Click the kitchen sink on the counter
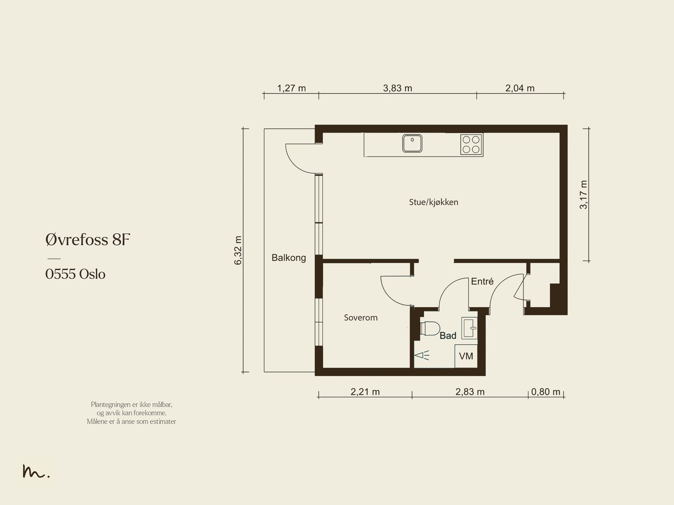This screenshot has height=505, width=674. tap(412, 143)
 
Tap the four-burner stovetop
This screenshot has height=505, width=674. tap(471, 144)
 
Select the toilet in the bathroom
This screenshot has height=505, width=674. tap(430, 328)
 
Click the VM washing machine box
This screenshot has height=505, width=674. tap(466, 356)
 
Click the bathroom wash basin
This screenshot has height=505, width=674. tap(470, 328)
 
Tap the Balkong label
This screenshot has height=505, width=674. tap(289, 258)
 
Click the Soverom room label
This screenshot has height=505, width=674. tap(361, 317)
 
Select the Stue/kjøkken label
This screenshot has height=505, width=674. tap(433, 202)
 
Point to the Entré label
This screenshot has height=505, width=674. tap(482, 281)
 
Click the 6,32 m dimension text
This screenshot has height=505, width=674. tap(238, 250)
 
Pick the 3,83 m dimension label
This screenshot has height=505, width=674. tap(397, 88)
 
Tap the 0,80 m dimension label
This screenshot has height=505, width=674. tap(546, 392)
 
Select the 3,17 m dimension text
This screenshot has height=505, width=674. tap(583, 195)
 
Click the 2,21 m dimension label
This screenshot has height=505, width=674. tap(365, 392)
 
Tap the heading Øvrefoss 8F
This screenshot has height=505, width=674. tap(88, 239)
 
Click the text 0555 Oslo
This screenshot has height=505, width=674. tap(75, 274)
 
